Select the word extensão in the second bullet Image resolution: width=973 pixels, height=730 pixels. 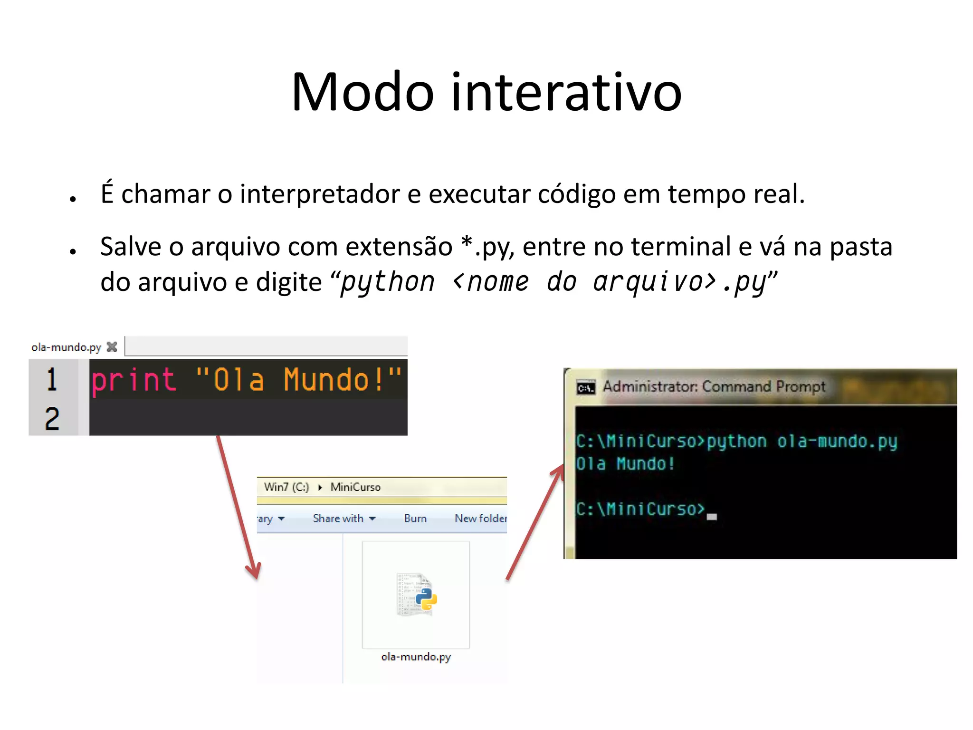pos(399,247)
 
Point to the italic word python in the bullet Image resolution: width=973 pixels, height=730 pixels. pos(388,282)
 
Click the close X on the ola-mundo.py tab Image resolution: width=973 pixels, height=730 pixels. pos(112,347)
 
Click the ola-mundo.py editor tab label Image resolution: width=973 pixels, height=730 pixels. pos(67,347)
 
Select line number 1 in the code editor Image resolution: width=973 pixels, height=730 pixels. pos(52,380)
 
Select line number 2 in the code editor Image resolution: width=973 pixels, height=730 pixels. pos(52,419)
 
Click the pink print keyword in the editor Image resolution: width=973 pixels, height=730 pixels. pos(134,380)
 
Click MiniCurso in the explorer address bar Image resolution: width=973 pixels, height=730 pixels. pos(355,487)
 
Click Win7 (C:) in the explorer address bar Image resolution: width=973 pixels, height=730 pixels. pos(286,487)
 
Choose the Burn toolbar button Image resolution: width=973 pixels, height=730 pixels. pos(415,519)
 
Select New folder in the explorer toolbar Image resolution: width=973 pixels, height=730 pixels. pos(480,519)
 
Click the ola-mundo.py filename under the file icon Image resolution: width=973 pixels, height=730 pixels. pos(416,657)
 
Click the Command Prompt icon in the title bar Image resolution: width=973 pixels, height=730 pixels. pos(586,388)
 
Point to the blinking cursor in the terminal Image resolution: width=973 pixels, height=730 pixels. pos(711,517)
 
